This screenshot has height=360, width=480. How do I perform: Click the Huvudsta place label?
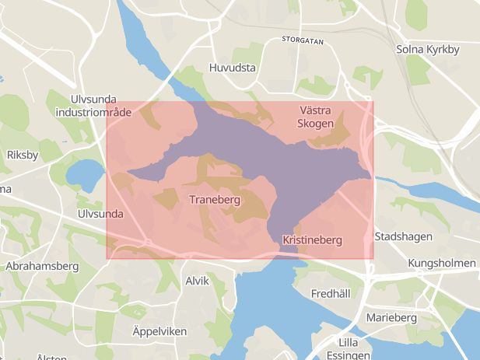(x=233, y=68)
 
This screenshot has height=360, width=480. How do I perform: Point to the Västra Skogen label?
(x=317, y=117)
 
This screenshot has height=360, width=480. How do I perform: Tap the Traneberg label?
(x=215, y=200)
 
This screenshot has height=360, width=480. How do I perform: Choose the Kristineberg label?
(x=312, y=240)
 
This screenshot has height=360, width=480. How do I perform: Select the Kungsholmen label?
(x=441, y=264)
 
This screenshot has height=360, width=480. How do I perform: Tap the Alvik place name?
(x=197, y=281)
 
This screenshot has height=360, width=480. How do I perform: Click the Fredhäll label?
(x=331, y=294)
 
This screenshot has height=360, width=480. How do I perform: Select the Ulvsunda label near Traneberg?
(x=101, y=213)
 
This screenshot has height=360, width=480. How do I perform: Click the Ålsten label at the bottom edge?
(x=51, y=356)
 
